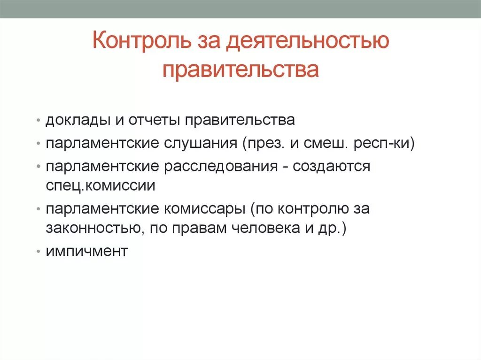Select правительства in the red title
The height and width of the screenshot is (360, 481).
[x=240, y=69]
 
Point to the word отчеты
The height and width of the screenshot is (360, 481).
[x=153, y=121]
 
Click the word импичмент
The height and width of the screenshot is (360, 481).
[x=86, y=251]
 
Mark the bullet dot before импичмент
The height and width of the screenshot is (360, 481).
[x=38, y=252]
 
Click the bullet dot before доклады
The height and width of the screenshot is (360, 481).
[x=38, y=121]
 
